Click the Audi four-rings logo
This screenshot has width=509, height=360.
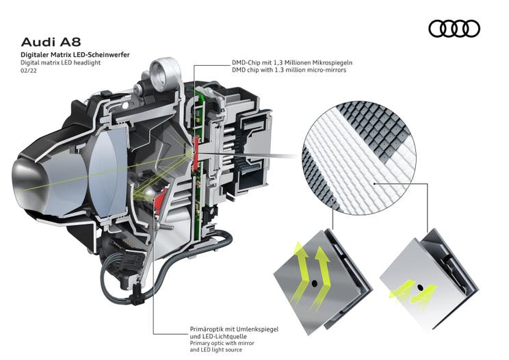(x=454, y=28)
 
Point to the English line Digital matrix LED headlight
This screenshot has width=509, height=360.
(x=60, y=62)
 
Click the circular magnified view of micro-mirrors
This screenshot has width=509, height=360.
(x=360, y=157)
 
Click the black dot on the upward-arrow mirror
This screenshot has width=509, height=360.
(x=315, y=282)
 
